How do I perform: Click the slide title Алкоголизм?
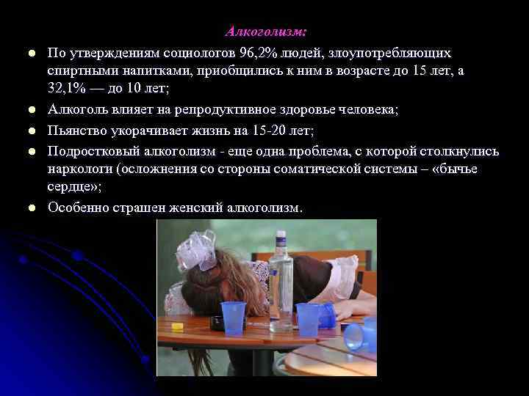(x=265, y=32)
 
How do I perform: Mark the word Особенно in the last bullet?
(x=79, y=208)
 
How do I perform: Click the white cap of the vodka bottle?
(x=281, y=238)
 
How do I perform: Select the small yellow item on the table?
(x=177, y=327)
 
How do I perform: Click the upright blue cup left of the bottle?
(x=234, y=318)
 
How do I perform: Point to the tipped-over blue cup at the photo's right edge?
(x=361, y=335)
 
